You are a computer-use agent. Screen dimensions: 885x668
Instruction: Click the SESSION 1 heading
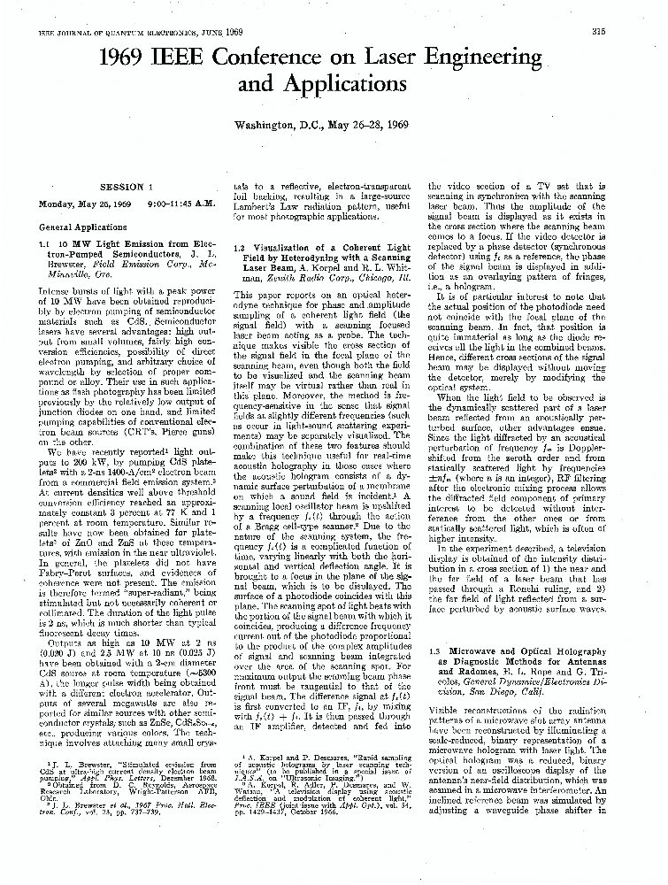[126, 188]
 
